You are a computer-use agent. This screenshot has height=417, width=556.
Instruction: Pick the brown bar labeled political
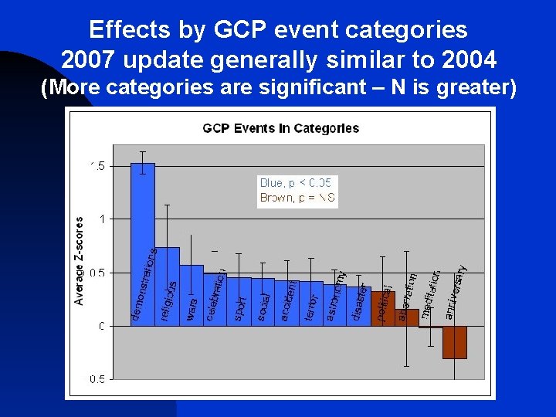383,309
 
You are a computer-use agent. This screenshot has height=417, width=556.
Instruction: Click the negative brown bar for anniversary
455,342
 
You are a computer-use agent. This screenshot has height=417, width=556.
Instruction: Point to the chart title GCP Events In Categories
280,128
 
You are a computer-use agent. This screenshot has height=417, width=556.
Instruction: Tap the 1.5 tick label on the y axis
97,165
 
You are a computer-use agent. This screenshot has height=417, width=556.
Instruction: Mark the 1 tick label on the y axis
101,219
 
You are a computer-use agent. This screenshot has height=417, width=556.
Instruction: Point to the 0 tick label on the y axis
101,326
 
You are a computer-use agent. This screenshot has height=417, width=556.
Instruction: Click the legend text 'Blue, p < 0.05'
296,183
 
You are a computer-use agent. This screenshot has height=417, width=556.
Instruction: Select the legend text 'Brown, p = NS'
297,198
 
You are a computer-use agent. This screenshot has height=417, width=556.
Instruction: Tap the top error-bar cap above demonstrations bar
143,151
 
